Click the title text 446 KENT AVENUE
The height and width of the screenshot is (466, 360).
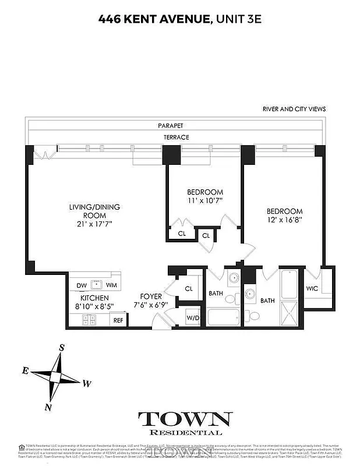tap(153, 20)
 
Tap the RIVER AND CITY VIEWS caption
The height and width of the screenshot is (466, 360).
tap(294, 109)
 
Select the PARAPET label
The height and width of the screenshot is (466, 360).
tap(170, 125)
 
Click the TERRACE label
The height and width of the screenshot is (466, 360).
tap(176, 137)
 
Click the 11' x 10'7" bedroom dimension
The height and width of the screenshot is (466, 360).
tap(204, 201)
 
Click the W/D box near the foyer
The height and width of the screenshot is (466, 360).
tap(192, 318)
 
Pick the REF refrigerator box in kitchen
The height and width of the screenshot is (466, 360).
tap(118, 320)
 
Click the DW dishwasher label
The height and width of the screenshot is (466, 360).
tap(82, 285)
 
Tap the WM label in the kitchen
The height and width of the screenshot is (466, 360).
tap(111, 285)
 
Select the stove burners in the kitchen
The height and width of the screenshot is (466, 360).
tap(89, 319)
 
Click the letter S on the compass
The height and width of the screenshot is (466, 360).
tap(61, 348)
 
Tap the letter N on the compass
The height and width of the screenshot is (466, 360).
tap(50, 406)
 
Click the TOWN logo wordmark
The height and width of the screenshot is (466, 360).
tap(185, 419)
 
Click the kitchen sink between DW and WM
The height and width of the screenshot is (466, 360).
tap(97, 285)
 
